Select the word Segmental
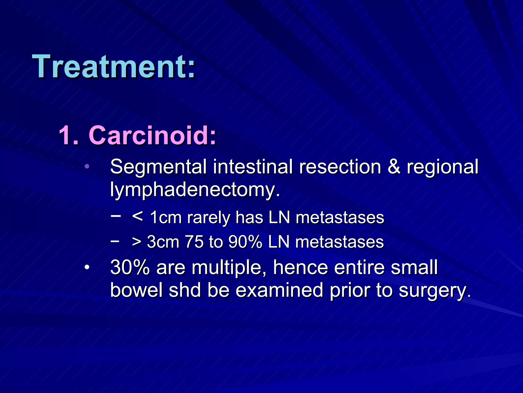158,167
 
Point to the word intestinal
253,167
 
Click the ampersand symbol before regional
394,167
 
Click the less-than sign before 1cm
138,217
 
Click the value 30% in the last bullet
130,267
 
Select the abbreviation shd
185,290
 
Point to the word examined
279,290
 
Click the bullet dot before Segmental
87,167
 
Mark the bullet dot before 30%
87,268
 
